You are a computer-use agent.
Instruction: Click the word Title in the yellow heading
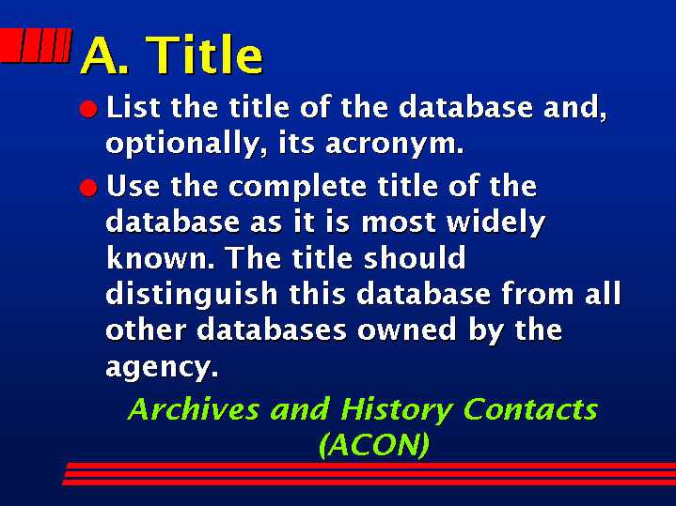pos(204,54)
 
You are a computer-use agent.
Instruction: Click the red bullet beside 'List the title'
pos(88,109)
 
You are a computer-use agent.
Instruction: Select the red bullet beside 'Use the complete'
pos(88,188)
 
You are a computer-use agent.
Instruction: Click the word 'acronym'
pos(394,144)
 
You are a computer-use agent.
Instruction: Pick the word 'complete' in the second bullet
pos(297,187)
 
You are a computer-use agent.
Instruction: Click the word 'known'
pos(160,258)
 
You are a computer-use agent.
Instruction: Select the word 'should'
pos(415,257)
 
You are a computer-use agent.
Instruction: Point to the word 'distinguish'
pos(192,295)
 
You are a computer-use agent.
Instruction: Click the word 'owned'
pos(407,330)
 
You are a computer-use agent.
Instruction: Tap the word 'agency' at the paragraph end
pos(162,368)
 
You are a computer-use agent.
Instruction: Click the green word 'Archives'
pos(194,409)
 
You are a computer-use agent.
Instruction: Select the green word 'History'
pos(397,410)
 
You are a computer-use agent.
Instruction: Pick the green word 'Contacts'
pos(531,409)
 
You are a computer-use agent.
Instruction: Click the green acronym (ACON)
pos(374,444)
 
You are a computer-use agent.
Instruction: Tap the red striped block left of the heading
pos(36,45)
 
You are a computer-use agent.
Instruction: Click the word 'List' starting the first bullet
pos(134,107)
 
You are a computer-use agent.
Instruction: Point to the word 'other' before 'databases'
pos(146,330)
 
